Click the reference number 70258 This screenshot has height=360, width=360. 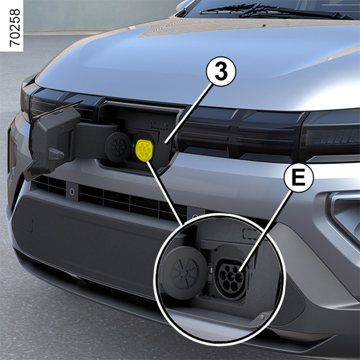point(15,28)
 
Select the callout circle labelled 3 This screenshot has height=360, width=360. point(221,71)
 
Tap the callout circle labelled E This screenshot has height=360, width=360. point(298,177)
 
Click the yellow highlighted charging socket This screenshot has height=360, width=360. point(145,150)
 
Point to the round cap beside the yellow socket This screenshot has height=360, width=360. point(118,147)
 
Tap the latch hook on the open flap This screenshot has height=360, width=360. point(56,154)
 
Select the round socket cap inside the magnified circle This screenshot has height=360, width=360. point(184,273)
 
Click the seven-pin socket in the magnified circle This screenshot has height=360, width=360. point(231,278)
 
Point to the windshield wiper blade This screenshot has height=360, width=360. point(273,11)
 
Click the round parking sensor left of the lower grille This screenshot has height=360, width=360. point(72,191)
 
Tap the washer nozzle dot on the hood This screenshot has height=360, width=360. point(264,25)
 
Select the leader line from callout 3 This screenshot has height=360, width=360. point(189,114)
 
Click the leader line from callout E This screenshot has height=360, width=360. point(266,232)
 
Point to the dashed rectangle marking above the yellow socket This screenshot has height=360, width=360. point(160,125)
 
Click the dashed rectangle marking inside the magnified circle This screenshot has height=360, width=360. point(251,233)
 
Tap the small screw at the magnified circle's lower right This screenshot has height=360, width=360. point(262,317)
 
